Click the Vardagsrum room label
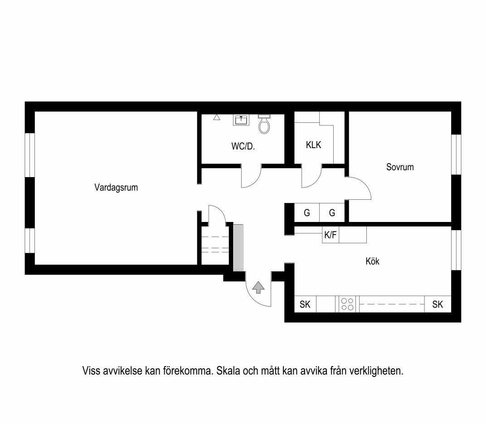[x=116, y=188]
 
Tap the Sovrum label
[x=400, y=167]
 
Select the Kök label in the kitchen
[x=372, y=261]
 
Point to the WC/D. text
[x=243, y=146]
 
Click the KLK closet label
[x=313, y=145]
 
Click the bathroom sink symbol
[x=241, y=120]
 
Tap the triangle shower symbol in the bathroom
[x=217, y=117]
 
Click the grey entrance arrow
[x=258, y=287]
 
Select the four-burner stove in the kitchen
[x=347, y=304]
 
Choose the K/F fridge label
[x=330, y=235]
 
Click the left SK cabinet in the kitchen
[x=305, y=304]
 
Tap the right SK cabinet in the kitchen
[x=437, y=304]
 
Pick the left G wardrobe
[x=307, y=212]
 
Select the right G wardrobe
[x=332, y=212]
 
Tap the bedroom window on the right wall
[x=456, y=154]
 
